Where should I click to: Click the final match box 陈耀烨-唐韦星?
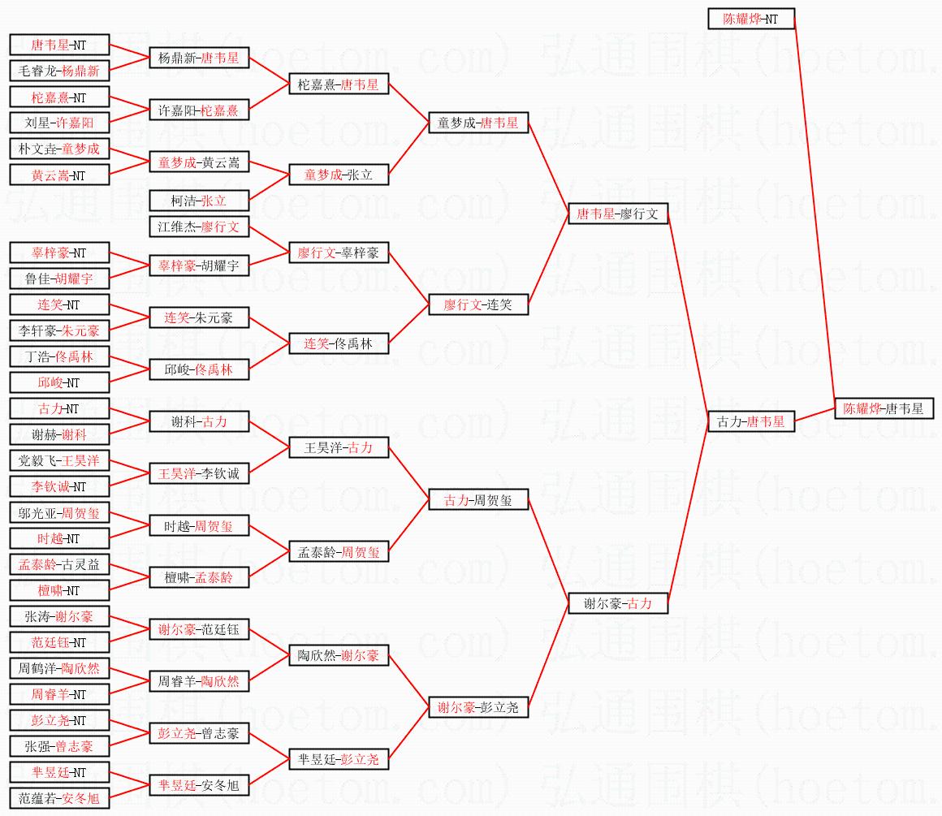coord(884,408)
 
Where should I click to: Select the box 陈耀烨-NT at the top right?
coord(750,19)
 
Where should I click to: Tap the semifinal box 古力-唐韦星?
coord(750,421)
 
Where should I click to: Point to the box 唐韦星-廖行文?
coord(617,214)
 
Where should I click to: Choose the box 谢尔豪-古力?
coord(617,603)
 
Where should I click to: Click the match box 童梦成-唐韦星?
coord(478,123)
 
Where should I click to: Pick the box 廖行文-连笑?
coord(478,304)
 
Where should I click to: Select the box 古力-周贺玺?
coord(478,499)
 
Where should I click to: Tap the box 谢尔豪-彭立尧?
coord(478,707)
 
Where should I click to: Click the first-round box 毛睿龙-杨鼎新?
coord(58,71)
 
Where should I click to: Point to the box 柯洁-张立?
coord(199,201)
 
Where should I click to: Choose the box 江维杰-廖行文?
coord(199,227)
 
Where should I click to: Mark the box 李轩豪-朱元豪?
coord(58,330)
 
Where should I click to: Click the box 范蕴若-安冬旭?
coord(58,798)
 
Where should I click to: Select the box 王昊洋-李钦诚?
coord(199,473)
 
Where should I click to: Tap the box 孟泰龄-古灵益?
coord(58,564)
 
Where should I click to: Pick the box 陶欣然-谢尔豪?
coord(339,655)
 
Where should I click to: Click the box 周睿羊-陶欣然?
coord(199,681)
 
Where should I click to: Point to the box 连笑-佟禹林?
coord(339,343)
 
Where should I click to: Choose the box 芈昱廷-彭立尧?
coord(339,759)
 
